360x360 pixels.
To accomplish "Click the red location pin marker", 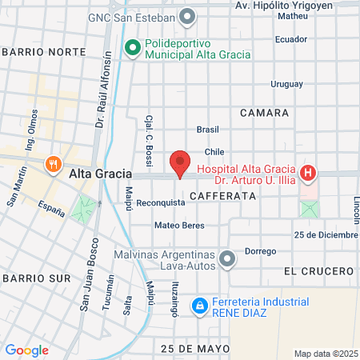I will (181, 163).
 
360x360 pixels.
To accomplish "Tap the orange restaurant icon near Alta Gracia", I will (54, 164).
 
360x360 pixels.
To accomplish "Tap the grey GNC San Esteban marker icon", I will (188, 16).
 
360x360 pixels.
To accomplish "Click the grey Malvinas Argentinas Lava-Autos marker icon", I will (228, 258).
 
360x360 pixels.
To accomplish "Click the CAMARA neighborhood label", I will (264, 114).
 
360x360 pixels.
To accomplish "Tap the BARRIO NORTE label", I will (44, 51).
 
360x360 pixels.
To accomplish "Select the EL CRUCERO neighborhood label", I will (318, 271).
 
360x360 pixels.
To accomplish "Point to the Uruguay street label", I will (286, 84).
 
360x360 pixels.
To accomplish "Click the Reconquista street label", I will (161, 203).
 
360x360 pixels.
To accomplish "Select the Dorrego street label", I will (260, 251).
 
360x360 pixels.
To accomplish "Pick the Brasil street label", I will (207, 129).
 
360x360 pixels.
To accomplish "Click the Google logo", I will (26, 350).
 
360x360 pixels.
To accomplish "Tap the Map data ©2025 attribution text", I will (324, 354).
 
